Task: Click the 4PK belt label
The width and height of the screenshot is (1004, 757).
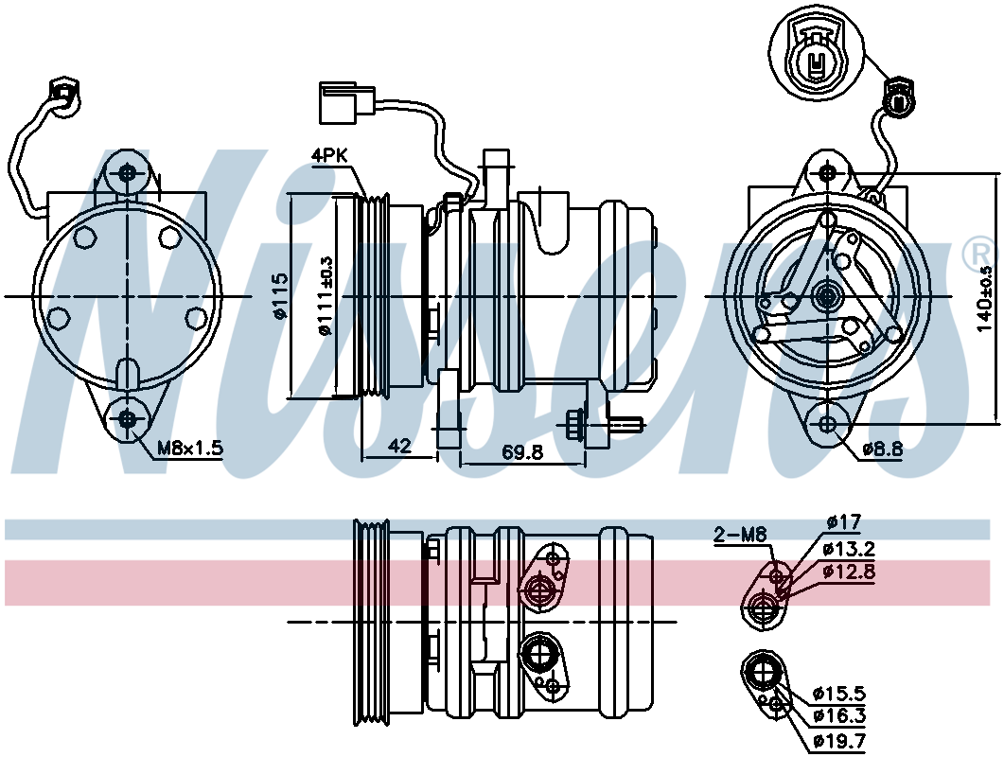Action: [329, 155]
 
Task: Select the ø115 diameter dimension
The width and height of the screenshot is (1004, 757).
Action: [280, 296]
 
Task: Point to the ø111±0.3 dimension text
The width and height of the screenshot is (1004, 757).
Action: [326, 296]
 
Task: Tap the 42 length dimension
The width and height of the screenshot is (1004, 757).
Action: [399, 446]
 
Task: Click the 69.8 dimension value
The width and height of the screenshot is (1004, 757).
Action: [521, 452]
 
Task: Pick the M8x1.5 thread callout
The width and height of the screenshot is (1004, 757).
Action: [190, 448]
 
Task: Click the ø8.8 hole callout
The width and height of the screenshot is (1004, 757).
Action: [882, 449]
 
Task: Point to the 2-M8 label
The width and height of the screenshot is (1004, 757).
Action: [740, 534]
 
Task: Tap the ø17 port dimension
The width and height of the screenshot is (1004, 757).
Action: [844, 522]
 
